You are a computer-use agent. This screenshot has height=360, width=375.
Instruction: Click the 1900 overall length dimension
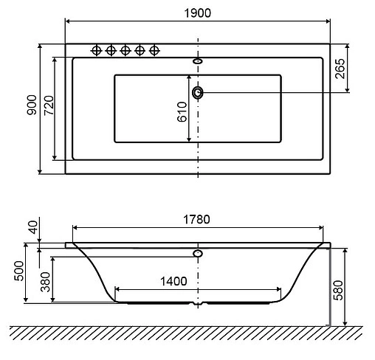[198, 12]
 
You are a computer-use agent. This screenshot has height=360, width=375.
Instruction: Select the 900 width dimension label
[30, 108]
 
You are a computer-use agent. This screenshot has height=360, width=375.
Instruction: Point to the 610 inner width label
[182, 112]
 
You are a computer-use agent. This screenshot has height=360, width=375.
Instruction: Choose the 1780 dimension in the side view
[198, 219]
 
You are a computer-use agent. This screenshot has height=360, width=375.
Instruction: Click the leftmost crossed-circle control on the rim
[96, 50]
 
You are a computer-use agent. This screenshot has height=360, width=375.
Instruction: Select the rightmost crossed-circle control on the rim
[154, 50]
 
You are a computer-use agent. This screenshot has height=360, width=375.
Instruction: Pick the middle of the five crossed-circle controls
[125, 50]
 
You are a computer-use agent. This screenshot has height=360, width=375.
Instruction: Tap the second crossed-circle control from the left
[111, 50]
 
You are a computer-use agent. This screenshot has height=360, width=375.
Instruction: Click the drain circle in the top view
[198, 93]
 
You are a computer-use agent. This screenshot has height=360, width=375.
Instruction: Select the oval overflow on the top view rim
[198, 61]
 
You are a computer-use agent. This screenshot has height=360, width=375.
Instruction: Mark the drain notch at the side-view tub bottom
[198, 304]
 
